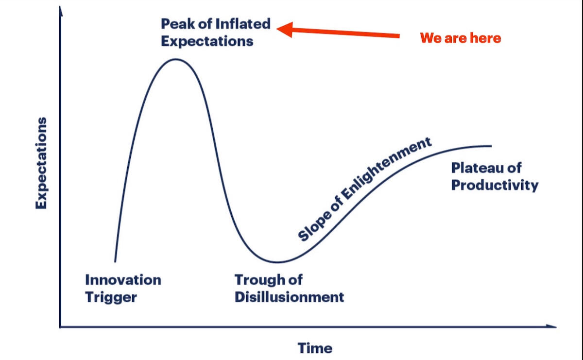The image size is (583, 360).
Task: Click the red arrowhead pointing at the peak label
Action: pyautogui.click(x=285, y=30)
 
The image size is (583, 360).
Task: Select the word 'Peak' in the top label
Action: pyautogui.click(x=178, y=24)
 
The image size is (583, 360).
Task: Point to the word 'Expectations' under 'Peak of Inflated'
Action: pyautogui.click(x=207, y=41)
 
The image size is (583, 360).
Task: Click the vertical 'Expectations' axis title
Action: pyautogui.click(x=41, y=163)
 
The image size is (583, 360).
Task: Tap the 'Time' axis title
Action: pyautogui.click(x=315, y=348)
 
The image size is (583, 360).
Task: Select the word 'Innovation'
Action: pyautogui.click(x=123, y=280)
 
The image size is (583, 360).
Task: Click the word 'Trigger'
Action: pyautogui.click(x=111, y=297)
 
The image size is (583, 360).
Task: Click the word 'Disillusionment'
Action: pyautogui.click(x=289, y=297)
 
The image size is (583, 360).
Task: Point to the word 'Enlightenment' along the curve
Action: pyautogui.click(x=386, y=169)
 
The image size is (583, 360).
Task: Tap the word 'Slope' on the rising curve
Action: pyautogui.click(x=315, y=226)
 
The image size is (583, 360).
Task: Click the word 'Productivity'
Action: pyautogui.click(x=495, y=185)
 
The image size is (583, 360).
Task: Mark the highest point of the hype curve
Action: pyautogui.click(x=176, y=59)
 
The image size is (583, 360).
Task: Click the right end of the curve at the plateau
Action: pyautogui.click(x=491, y=146)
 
